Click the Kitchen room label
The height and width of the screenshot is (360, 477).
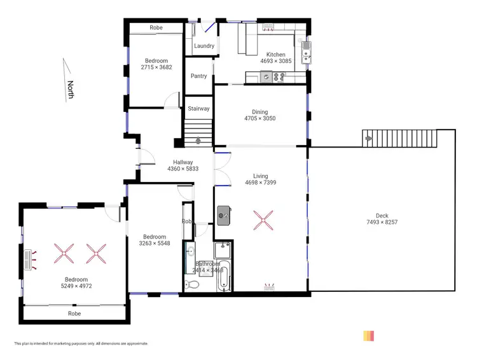point(276,55)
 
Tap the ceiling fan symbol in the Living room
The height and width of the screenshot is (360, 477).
point(263,220)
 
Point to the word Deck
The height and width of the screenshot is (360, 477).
point(382,216)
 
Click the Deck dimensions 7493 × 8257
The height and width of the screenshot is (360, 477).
point(382,223)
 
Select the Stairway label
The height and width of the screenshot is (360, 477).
point(198,109)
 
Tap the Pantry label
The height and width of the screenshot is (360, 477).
point(198,76)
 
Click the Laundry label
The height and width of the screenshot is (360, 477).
point(204,46)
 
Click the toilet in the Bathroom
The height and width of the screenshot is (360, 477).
point(191,284)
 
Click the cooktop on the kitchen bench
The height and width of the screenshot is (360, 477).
point(278,77)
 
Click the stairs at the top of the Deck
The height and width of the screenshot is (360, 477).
point(400,137)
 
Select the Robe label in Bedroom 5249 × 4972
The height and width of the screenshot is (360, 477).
point(74,314)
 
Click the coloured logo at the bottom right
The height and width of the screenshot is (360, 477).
point(368,336)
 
